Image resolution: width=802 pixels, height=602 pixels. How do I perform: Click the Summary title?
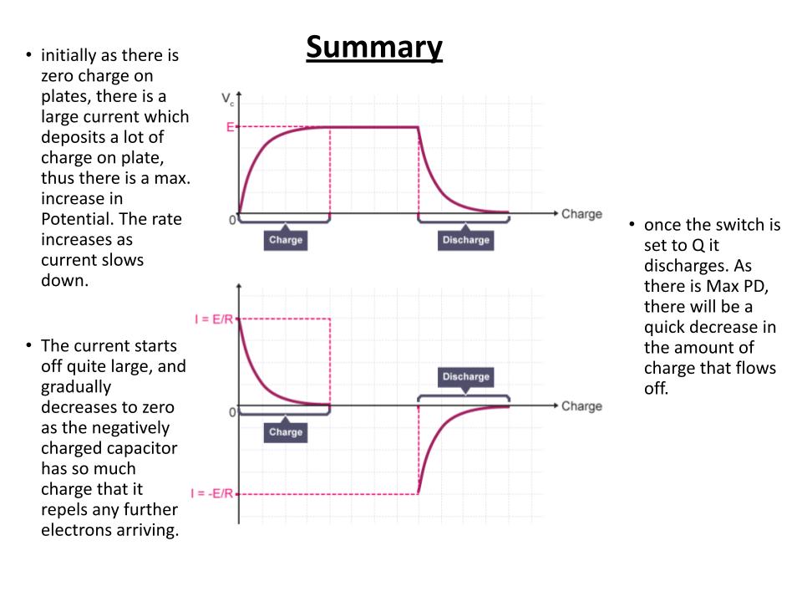pyautogui.click(x=374, y=48)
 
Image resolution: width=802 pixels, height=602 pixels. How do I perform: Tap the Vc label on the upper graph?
pyautogui.click(x=227, y=99)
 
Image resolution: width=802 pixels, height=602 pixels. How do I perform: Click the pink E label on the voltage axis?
pyautogui.click(x=231, y=127)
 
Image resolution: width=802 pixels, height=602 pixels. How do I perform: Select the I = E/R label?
pyautogui.click(x=214, y=319)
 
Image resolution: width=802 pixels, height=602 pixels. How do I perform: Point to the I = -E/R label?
pyautogui.click(x=211, y=493)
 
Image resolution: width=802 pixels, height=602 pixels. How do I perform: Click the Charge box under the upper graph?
pyautogui.click(x=286, y=240)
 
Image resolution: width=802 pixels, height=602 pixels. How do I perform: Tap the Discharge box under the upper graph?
pyautogui.click(x=465, y=240)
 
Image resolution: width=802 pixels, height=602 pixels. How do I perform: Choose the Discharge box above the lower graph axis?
pyautogui.click(x=465, y=377)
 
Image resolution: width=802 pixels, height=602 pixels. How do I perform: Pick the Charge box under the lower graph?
pyautogui.click(x=286, y=432)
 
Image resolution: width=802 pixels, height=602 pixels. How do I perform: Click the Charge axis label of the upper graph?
pyautogui.click(x=581, y=214)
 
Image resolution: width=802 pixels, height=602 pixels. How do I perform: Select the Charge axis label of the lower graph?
pyautogui.click(x=581, y=406)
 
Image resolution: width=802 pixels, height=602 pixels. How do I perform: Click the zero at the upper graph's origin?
pyautogui.click(x=232, y=220)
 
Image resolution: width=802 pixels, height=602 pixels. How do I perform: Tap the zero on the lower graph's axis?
pyautogui.click(x=232, y=412)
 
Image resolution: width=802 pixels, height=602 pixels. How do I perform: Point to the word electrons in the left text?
pyautogui.click(x=77, y=530)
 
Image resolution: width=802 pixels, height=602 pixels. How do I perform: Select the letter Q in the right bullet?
pyautogui.click(x=698, y=246)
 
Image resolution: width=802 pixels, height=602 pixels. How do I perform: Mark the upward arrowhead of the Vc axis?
pyautogui.click(x=239, y=94)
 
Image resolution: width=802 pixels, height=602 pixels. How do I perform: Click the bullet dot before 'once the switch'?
pyautogui.click(x=632, y=224)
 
